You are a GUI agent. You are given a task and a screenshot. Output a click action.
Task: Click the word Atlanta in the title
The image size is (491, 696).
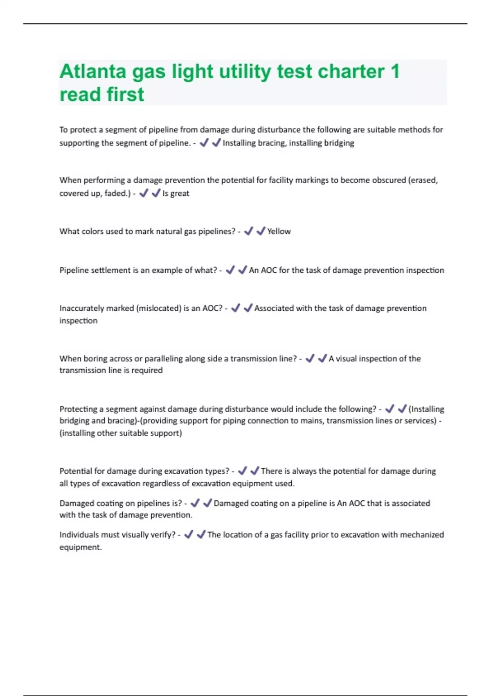point(93,72)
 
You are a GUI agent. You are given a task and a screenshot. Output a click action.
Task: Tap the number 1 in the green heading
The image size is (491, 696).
point(395,72)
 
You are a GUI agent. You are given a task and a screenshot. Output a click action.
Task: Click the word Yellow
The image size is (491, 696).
point(279,231)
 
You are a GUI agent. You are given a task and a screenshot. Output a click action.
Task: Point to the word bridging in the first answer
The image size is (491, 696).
point(339,143)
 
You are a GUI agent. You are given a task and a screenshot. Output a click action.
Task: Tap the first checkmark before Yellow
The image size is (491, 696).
point(248,231)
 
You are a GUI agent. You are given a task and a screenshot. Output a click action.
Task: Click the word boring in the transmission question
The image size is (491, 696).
point(95,359)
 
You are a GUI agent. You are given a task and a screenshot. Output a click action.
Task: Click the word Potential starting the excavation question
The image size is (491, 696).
point(75,471)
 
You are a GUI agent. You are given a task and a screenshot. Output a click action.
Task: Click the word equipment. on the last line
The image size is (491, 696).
point(80,547)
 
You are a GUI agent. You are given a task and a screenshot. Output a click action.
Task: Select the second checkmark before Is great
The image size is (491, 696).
point(155,193)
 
